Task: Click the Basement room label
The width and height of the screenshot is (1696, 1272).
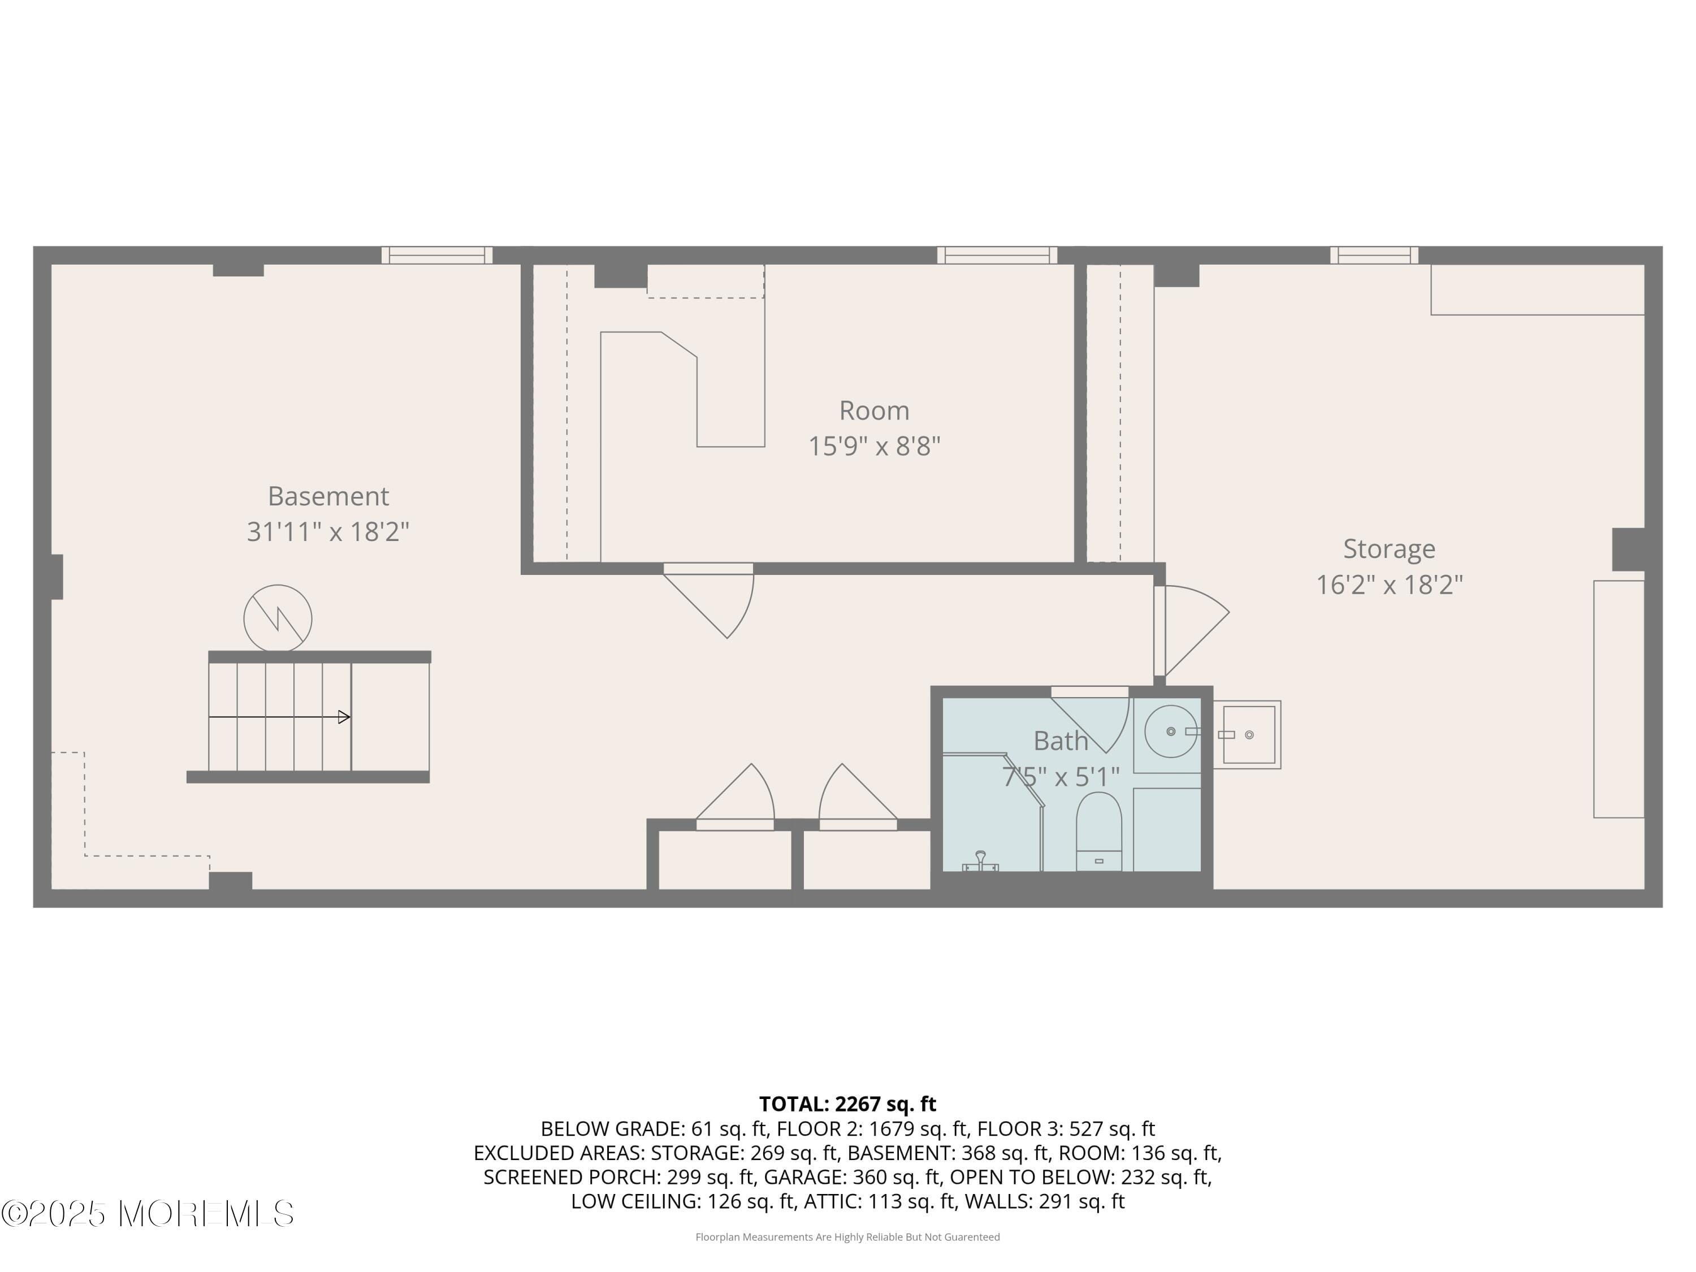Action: [x=328, y=496]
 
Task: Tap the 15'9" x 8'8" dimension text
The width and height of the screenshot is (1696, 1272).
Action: [x=874, y=445]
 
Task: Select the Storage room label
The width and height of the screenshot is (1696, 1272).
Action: [x=1388, y=549]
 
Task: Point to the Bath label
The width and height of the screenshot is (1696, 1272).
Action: [x=1061, y=741]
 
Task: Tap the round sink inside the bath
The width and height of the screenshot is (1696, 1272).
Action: [x=1170, y=732]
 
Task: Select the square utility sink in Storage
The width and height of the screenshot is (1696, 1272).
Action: [x=1248, y=734]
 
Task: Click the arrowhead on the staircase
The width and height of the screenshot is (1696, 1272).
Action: [x=344, y=717]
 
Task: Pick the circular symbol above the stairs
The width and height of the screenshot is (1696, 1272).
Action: [x=278, y=618]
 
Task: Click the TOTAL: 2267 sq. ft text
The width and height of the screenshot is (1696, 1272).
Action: [x=847, y=1104]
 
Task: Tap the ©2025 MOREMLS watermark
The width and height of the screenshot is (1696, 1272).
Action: [x=147, y=1214]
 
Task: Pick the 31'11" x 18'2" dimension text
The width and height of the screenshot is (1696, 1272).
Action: [x=328, y=531]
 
